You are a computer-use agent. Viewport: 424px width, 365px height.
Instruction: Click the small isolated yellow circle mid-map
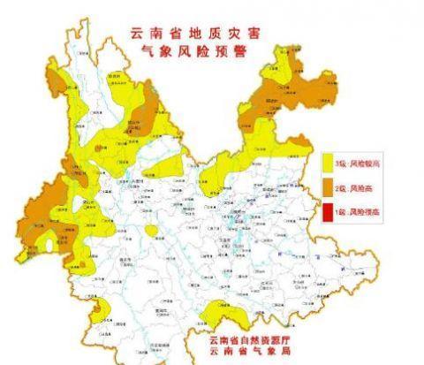152,232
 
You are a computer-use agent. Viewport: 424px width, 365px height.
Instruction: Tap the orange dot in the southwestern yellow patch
99,309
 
